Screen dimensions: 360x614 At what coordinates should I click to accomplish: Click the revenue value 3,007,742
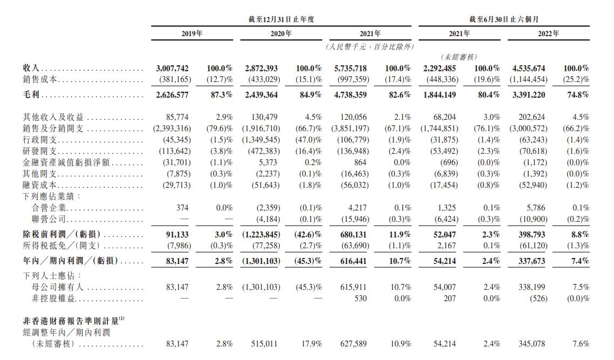click(x=172, y=69)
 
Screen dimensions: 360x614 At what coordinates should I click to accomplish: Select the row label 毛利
click(x=30, y=95)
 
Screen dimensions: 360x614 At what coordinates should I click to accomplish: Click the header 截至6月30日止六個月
click(x=503, y=19)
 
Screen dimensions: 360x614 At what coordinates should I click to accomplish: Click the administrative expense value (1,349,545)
click(x=260, y=140)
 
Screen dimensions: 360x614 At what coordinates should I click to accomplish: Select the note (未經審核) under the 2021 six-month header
click(x=459, y=57)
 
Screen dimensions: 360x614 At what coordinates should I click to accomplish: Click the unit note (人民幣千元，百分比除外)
click(x=370, y=47)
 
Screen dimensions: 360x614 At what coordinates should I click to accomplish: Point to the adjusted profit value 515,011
click(x=264, y=344)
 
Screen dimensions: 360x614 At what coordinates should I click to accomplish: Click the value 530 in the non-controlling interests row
click(x=360, y=298)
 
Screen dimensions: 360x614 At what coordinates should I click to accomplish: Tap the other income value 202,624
click(x=531, y=117)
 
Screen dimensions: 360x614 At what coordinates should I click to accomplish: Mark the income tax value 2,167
click(x=446, y=246)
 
